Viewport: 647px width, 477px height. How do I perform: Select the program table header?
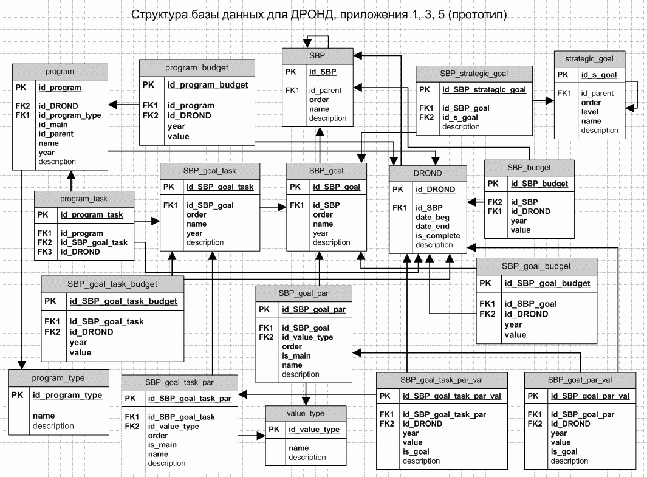point(60,72)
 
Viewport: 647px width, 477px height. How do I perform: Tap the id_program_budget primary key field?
point(208,85)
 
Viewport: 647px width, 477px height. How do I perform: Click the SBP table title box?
point(317,56)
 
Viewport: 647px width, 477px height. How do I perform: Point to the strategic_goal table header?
point(589,59)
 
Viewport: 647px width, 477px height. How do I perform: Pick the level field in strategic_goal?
point(590,112)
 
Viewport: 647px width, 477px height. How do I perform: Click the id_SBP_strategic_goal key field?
point(484,90)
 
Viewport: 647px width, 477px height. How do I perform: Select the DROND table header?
point(428,173)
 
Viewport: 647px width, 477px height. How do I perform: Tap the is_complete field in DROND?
point(438,236)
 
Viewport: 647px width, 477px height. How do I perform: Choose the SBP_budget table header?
point(529,168)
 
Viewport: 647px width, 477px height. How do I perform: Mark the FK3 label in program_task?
point(44,252)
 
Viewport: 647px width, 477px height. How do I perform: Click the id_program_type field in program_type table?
point(67,396)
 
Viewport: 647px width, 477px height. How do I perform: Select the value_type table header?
point(306,413)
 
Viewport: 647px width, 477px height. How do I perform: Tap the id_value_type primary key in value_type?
point(314,430)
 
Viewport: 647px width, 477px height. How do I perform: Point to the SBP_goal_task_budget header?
point(112,284)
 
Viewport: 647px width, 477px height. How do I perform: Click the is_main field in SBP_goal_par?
point(296,355)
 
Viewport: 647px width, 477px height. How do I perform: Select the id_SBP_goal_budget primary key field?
point(547,284)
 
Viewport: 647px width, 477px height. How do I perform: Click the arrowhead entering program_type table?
point(21,365)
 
